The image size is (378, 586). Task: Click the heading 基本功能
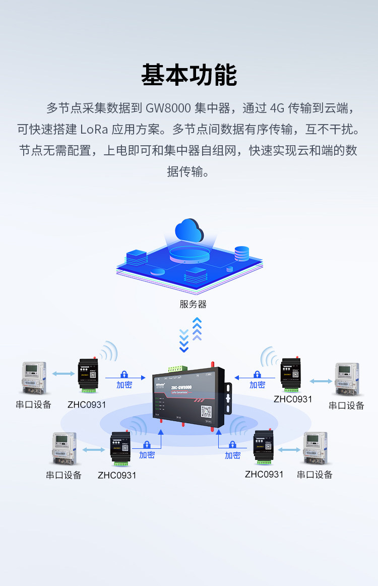[189, 75]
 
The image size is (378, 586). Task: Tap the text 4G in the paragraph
[277, 108]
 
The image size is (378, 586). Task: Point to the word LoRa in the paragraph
[94, 130]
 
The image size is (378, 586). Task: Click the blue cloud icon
[189, 231]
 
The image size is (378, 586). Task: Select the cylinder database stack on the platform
[242, 253]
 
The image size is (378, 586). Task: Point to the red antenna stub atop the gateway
[212, 364]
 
